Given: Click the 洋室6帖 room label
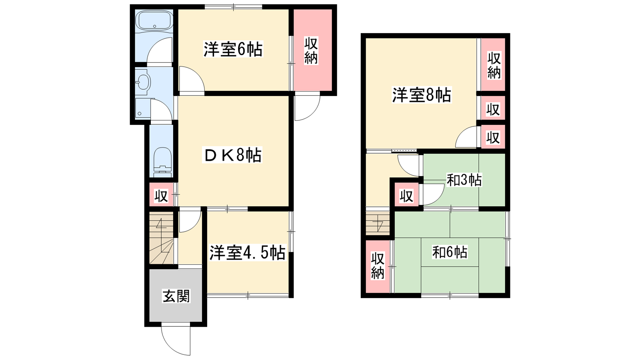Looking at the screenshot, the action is pos(233,50).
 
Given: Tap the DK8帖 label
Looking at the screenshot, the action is pos(232,155).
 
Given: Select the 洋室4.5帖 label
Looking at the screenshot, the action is pos(248,253).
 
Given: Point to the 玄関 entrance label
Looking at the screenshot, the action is pos(176,296).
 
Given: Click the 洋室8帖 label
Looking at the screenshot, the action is pos(422,95).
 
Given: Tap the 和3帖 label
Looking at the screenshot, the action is pos(464,180).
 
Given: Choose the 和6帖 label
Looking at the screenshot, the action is pos(450,252).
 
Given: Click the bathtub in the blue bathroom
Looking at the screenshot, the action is pos(154,20).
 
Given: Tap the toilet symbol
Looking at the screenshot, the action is pos(162,162).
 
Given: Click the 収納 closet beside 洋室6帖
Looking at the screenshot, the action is pos(313,50).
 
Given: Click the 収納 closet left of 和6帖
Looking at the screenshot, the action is pos(378,266).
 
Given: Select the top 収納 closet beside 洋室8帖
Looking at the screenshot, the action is pos(493,65).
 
